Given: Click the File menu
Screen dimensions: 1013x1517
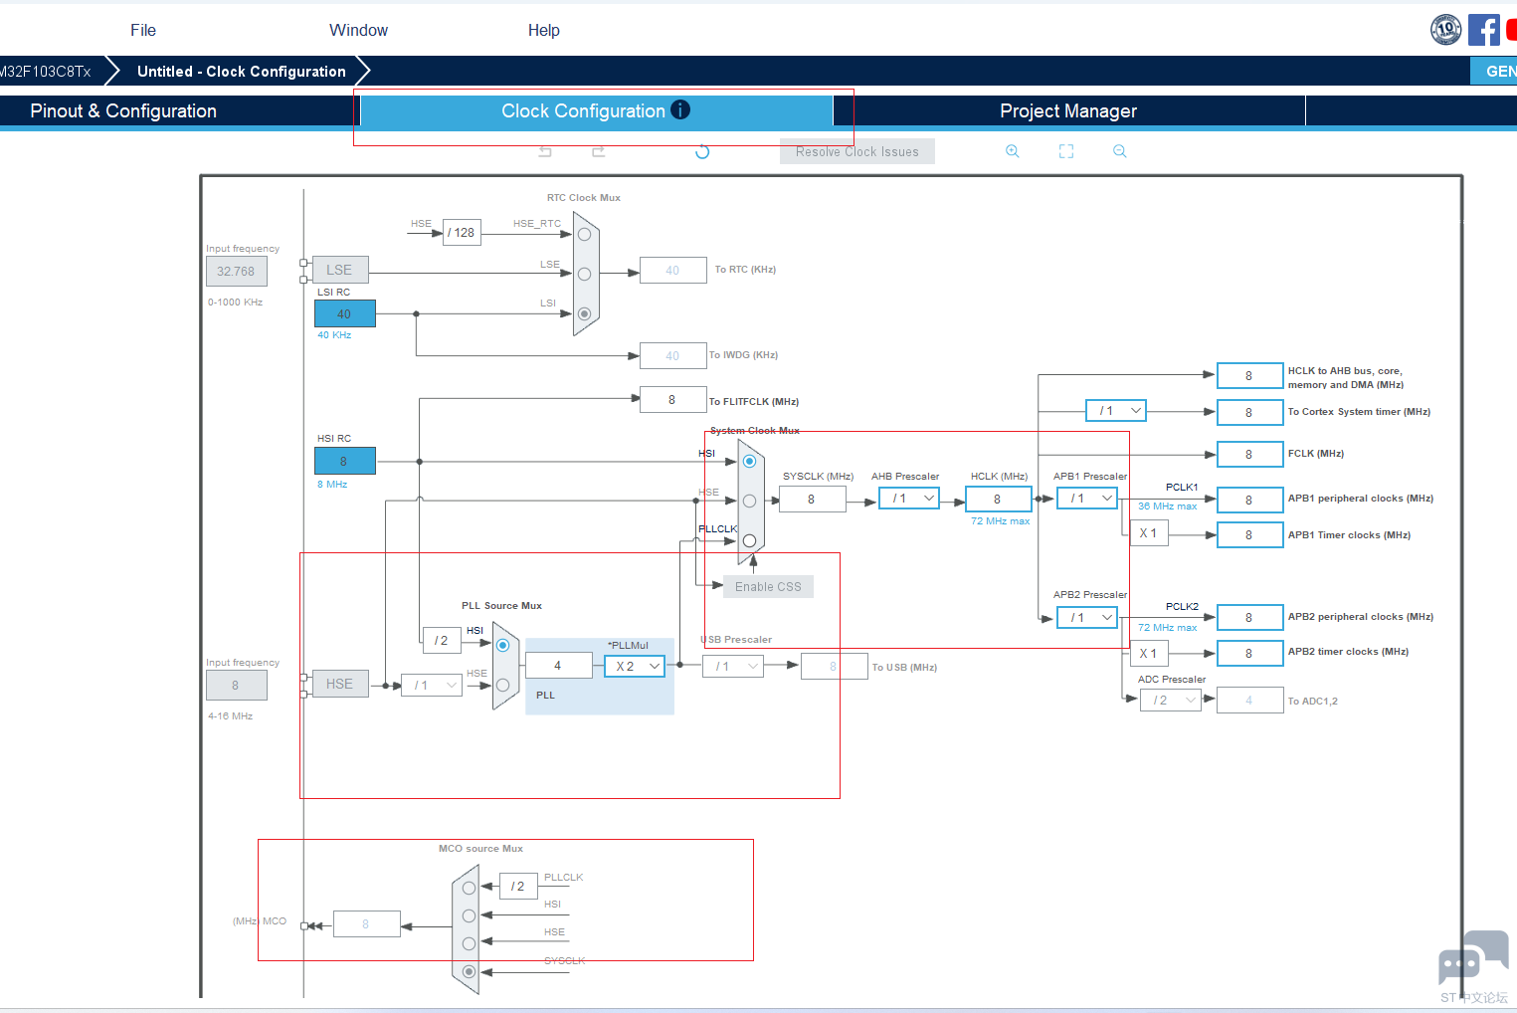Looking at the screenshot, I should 143,30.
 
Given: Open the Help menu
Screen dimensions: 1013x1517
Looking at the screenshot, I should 543,30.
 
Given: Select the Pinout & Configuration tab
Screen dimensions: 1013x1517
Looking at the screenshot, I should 123,110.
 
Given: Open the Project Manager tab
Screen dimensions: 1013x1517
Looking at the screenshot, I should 1067,110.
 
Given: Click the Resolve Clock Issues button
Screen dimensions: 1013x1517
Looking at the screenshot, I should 856,151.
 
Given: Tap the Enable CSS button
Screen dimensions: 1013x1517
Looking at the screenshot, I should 768,587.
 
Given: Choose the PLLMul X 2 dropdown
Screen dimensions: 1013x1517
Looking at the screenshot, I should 635,667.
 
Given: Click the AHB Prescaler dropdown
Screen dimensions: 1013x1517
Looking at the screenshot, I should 910,499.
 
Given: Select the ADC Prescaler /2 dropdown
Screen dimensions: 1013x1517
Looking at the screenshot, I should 1171,701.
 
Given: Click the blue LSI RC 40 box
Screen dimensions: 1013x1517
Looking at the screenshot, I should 344,313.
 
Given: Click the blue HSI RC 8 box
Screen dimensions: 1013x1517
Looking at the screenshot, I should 344,461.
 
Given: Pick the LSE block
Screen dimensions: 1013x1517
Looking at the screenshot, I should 339,270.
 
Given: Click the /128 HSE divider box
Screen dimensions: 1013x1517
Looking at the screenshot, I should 462,232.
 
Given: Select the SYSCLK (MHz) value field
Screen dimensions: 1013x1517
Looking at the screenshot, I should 812,499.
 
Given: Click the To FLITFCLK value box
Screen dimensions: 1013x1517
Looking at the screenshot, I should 672,400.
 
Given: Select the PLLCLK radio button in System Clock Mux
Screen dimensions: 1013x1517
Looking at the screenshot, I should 749,540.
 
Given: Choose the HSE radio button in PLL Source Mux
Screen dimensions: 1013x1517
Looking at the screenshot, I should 502,685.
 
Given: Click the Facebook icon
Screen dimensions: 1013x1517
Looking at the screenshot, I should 1483,30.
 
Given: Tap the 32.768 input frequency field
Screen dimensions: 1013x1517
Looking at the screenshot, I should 236,271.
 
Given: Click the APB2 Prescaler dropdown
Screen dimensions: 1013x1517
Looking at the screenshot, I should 1087,617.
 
